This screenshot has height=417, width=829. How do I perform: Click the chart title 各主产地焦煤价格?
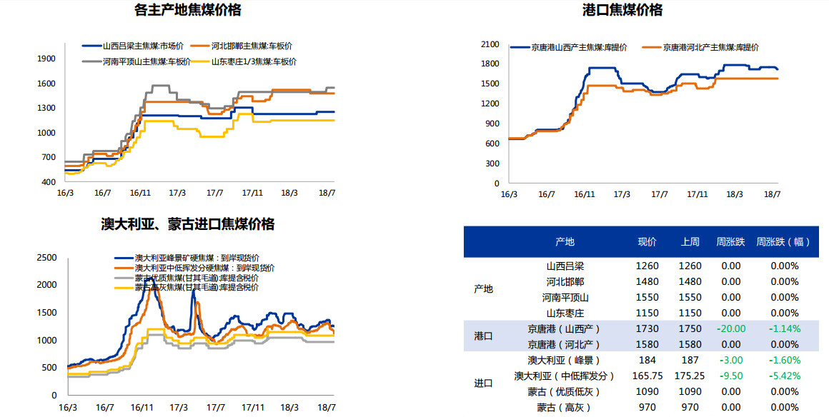(x=188, y=10)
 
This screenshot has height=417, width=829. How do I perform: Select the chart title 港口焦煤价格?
(x=622, y=10)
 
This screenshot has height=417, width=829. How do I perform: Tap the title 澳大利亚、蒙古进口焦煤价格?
(x=188, y=224)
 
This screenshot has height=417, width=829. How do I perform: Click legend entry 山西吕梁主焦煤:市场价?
(x=143, y=46)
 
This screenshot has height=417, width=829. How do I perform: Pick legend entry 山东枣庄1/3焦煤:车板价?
(x=254, y=61)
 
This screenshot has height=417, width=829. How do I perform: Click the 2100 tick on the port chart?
(x=490, y=44)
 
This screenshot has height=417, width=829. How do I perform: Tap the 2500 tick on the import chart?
(x=47, y=257)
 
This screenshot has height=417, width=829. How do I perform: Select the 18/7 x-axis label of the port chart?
(x=772, y=194)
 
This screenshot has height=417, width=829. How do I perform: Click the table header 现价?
(x=647, y=242)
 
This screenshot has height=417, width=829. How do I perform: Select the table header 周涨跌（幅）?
(x=784, y=242)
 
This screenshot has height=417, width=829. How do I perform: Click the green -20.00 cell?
(x=731, y=328)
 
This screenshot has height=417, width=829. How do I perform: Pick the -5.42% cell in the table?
(x=784, y=376)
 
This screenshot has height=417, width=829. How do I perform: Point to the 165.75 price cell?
(x=647, y=376)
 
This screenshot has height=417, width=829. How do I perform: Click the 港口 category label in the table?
(x=483, y=336)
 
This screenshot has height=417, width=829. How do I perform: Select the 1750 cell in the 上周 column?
(x=690, y=328)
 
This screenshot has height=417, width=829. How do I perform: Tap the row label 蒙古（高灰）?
(x=565, y=407)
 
